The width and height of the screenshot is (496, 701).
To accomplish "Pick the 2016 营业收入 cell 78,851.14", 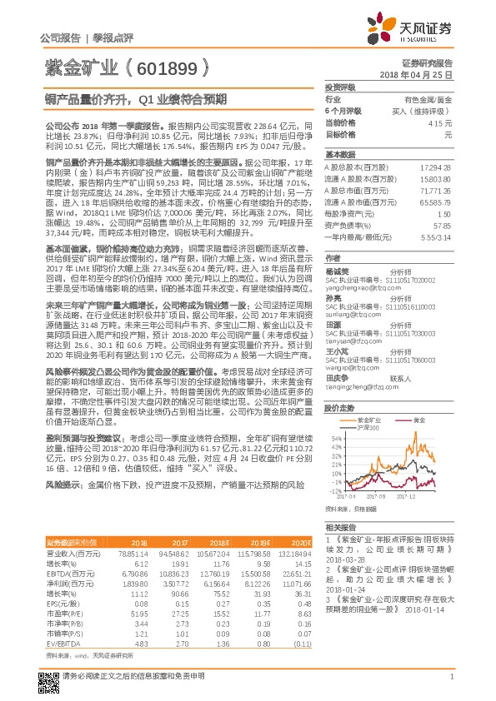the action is click(133, 552).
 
